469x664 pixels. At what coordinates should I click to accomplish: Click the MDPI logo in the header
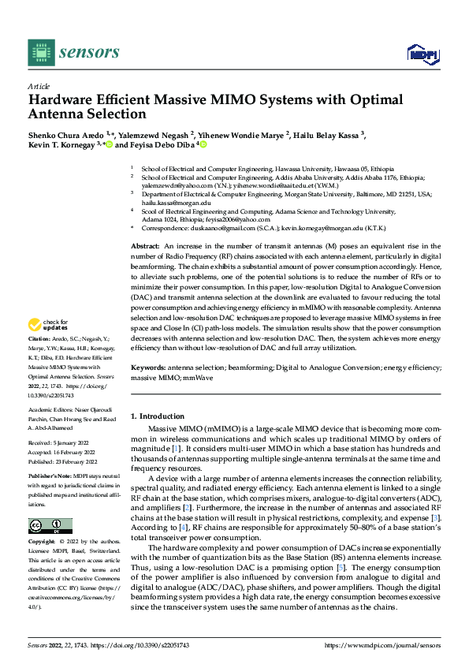pyautogui.click(x=421, y=53)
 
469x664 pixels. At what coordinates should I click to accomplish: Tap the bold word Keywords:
pyautogui.click(x=149, y=367)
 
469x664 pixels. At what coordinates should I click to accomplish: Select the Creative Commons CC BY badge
pyautogui.click(x=50, y=526)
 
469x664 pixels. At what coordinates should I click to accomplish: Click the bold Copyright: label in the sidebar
pyautogui.click(x=43, y=542)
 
